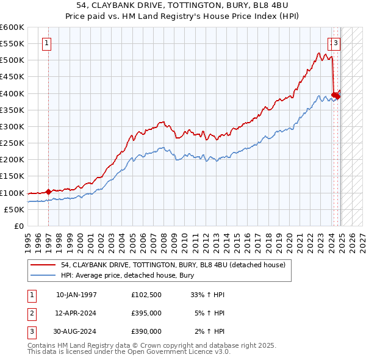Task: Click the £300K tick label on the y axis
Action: [x=12, y=126]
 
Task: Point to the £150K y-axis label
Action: [x=12, y=176]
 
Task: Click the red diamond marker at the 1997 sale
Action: [x=49, y=192]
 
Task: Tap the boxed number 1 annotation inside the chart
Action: [x=47, y=43]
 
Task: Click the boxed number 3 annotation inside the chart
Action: [x=336, y=43]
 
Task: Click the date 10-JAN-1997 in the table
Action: [x=76, y=295]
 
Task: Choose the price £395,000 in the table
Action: [x=146, y=313]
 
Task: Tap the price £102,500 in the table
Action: [x=146, y=295]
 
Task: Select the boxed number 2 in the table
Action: [x=31, y=313]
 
